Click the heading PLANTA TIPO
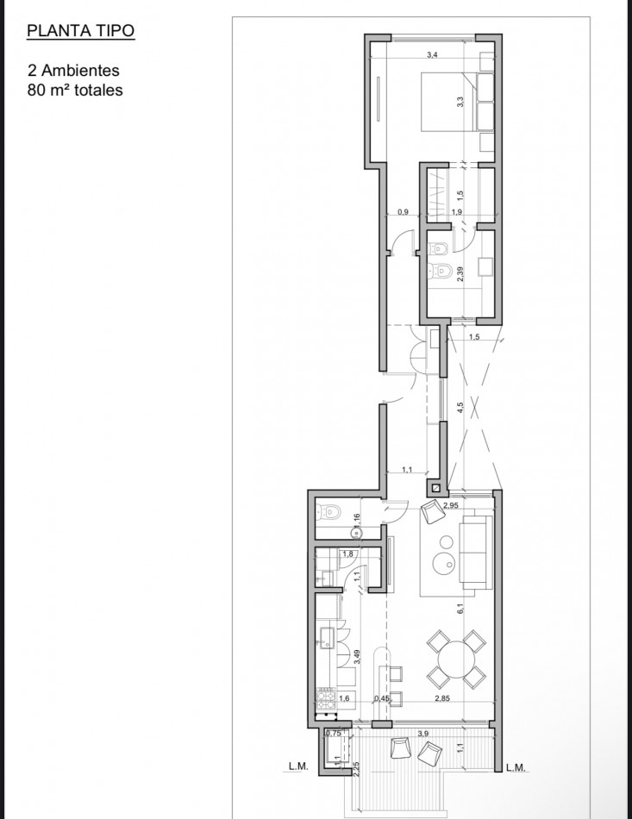point(80,33)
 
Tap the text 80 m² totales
point(75,89)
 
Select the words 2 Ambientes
point(72,72)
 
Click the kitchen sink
point(327,637)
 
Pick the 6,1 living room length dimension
point(462,609)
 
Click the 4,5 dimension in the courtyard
point(461,406)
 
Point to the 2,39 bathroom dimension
point(462,275)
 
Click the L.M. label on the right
point(516,766)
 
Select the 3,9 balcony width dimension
point(423,733)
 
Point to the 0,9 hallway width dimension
point(403,212)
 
